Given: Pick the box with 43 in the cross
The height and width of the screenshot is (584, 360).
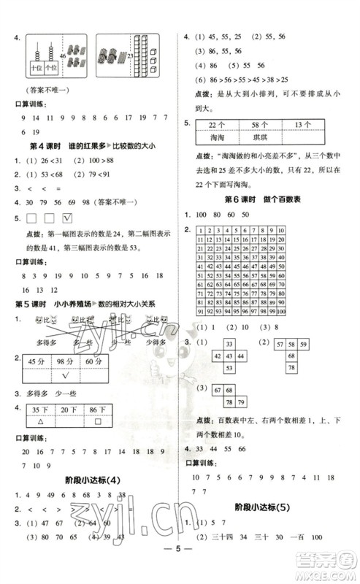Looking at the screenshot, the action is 229,356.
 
